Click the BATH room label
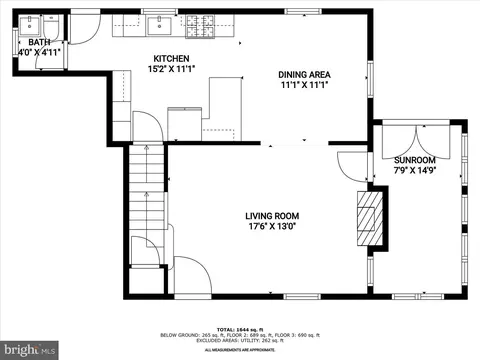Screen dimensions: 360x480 click(x=38, y=42)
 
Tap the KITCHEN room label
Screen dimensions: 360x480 click(x=171, y=59)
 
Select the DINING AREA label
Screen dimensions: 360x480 click(x=304, y=75)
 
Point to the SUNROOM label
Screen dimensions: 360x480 click(x=414, y=160)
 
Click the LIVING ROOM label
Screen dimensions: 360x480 click(x=272, y=216)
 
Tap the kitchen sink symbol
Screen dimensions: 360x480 click(x=158, y=25)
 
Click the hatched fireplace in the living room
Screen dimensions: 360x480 click(x=367, y=214)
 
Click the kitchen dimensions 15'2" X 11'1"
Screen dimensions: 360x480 click(x=171, y=70)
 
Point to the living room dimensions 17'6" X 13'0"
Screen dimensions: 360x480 click(x=272, y=227)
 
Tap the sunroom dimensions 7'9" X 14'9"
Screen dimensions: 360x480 click(x=414, y=171)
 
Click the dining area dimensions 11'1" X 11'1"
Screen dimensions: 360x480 click(x=304, y=86)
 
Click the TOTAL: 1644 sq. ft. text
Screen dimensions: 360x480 click(x=239, y=329)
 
